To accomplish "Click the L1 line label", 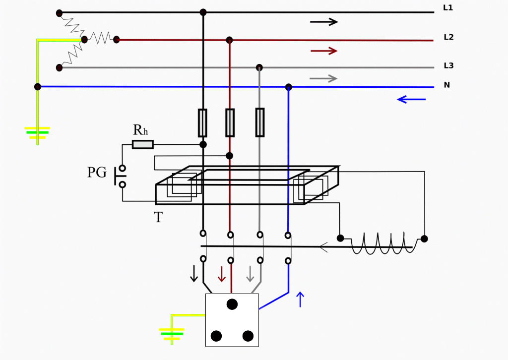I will point(448,8).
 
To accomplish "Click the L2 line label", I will point(448,37).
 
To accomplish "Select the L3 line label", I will point(448,65).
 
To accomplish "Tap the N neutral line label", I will point(446,85).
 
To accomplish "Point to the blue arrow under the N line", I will point(411,100).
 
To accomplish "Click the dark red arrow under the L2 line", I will point(323,51).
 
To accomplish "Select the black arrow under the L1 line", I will point(323,22).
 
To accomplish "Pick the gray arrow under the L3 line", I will point(323,78).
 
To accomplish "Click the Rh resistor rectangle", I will point(143,144).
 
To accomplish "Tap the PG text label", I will point(97,173).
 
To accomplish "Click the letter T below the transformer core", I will point(158,218).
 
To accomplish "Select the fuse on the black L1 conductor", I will point(202,122).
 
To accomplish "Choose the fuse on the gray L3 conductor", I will point(259,122).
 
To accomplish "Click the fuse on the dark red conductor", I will point(230,122).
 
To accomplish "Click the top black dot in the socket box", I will point(232,304).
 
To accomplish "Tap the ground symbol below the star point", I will point(37,133).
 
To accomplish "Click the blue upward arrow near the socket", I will point(300,300).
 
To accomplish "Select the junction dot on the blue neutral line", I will point(289,87).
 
